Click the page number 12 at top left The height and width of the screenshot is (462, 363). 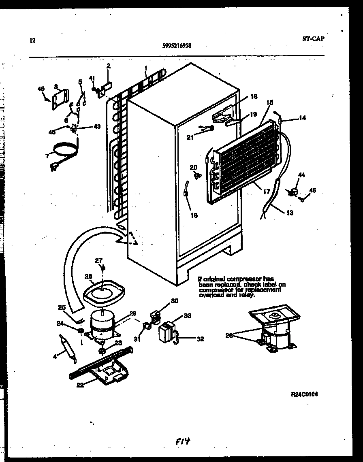(32, 40)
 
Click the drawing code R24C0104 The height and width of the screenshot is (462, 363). (304, 394)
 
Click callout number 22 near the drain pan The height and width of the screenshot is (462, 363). (80, 385)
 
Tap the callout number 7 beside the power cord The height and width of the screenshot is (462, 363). (47, 155)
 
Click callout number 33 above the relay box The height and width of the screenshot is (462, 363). (187, 315)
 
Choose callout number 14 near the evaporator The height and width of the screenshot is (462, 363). (302, 118)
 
